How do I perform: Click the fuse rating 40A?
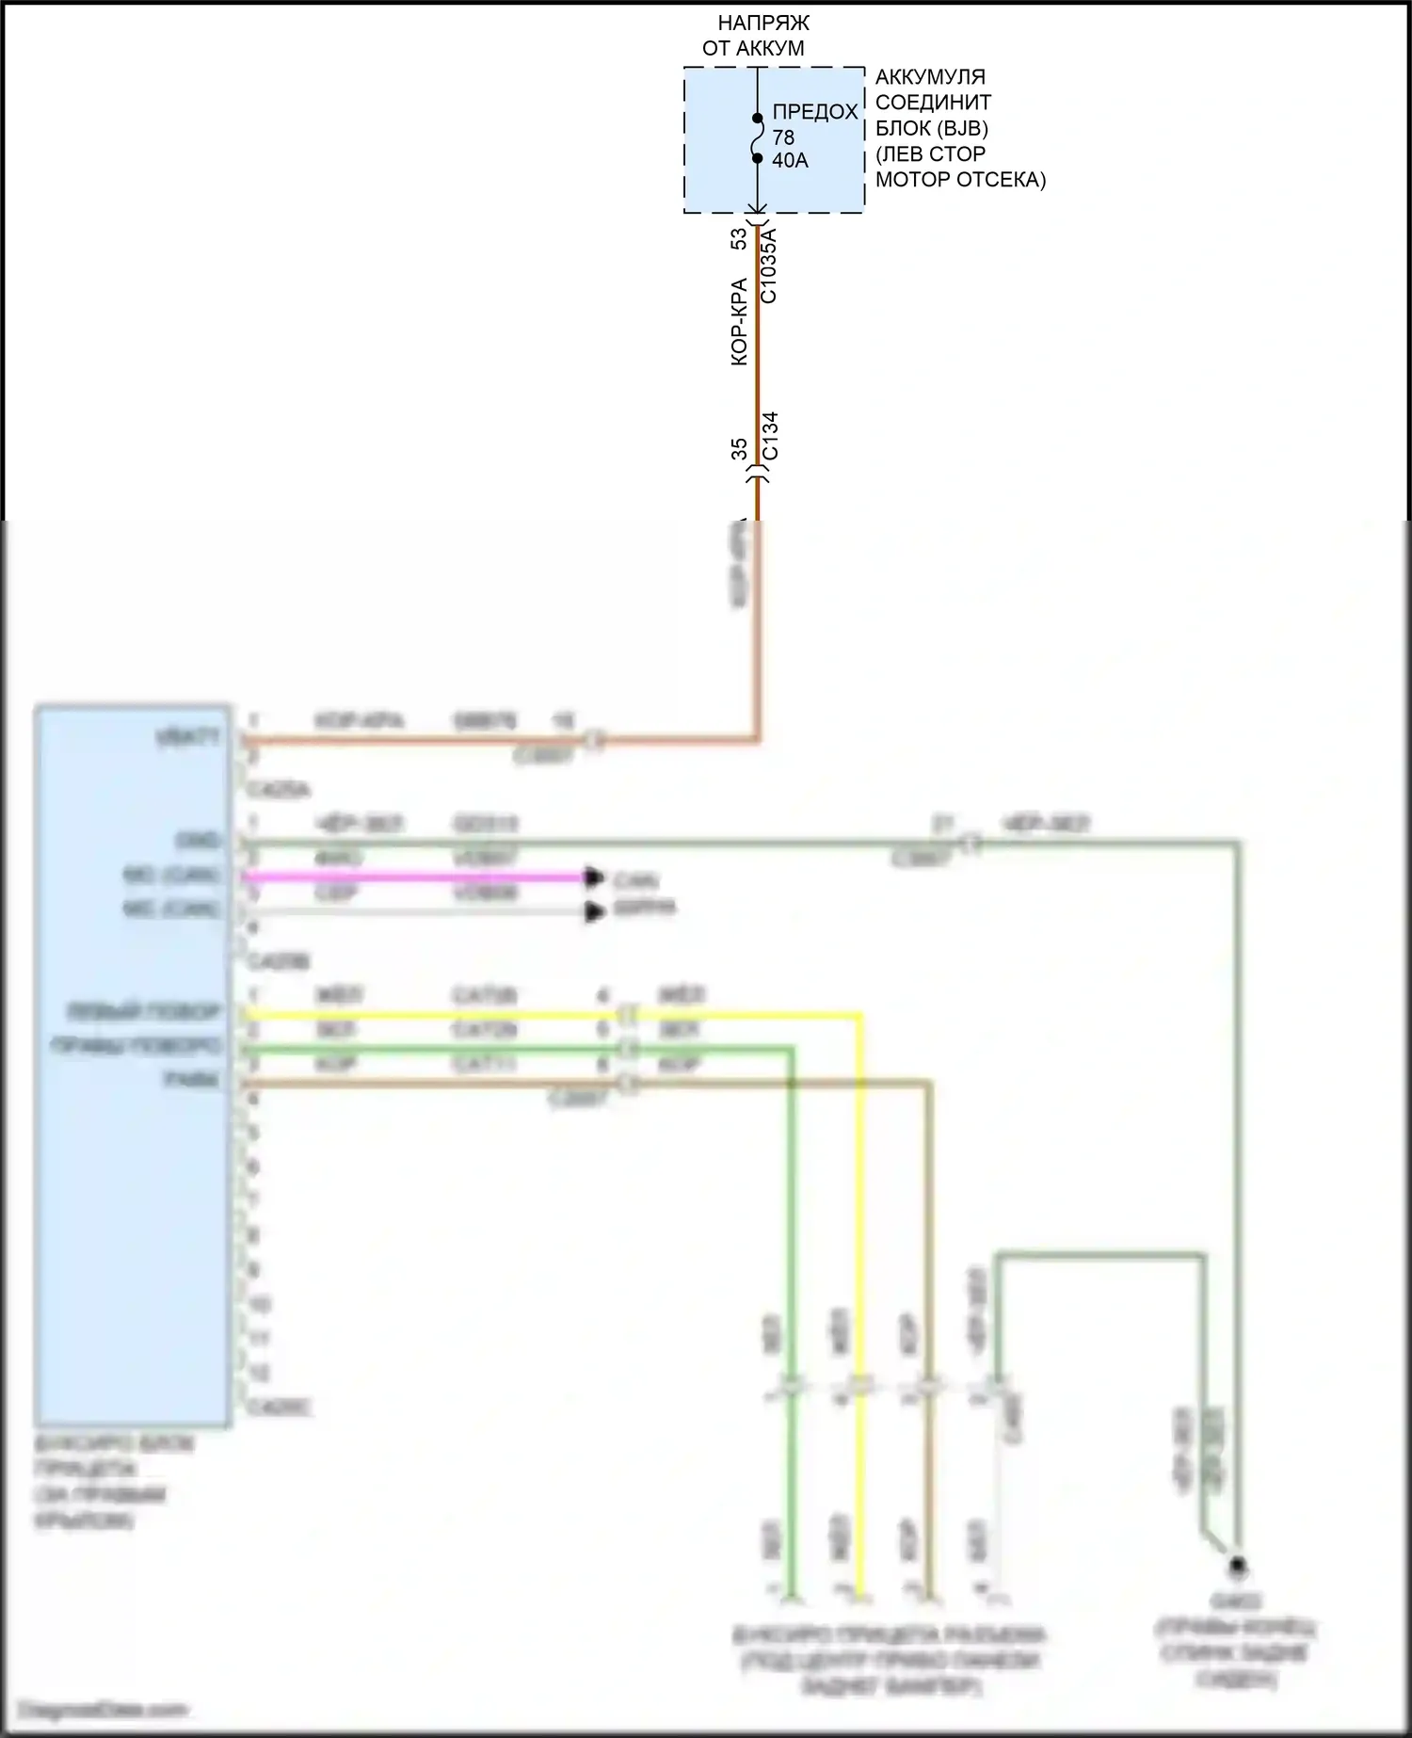[x=790, y=161]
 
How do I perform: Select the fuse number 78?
[x=783, y=137]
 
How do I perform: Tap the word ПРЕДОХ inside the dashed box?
[x=815, y=112]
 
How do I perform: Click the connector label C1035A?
[x=768, y=266]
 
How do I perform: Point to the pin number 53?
[x=740, y=239]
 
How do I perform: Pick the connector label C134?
[x=769, y=436]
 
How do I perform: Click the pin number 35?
[x=740, y=449]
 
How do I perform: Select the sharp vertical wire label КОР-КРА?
[x=740, y=321]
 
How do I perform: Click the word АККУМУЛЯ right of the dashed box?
[x=930, y=77]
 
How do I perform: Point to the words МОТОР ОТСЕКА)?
[x=960, y=180]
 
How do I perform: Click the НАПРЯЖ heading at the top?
[x=762, y=23]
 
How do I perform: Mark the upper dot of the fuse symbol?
[x=757, y=119]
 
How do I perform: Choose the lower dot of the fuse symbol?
[x=757, y=158]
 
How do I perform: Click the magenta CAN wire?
[x=414, y=877]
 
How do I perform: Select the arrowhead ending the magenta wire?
[x=594, y=877]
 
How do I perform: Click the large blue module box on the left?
[x=133, y=1064]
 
